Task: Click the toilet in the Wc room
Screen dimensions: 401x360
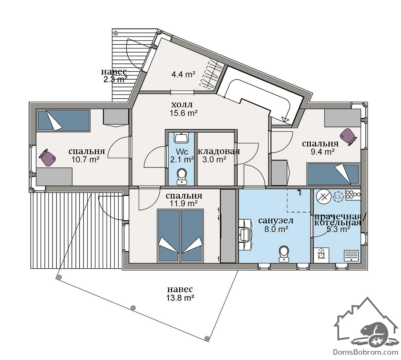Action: (x=181, y=176)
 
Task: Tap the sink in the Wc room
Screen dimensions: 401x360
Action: (x=181, y=138)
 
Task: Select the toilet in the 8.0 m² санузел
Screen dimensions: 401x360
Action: (x=284, y=254)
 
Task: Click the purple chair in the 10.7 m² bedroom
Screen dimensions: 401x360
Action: (x=47, y=157)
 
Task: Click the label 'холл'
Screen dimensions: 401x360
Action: (x=182, y=104)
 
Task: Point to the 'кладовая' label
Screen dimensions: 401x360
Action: (x=219, y=151)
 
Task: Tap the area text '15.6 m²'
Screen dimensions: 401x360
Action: (x=183, y=113)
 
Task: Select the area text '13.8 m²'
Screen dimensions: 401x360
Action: (x=180, y=298)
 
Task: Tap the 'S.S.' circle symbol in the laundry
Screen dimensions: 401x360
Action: (x=338, y=196)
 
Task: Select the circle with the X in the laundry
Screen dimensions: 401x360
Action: (x=323, y=197)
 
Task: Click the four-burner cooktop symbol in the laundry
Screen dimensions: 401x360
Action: (x=353, y=195)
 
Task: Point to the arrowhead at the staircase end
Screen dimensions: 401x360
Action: (x=285, y=119)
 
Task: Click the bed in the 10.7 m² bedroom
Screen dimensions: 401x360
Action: (x=63, y=121)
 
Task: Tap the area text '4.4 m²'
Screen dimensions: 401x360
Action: (x=183, y=75)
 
